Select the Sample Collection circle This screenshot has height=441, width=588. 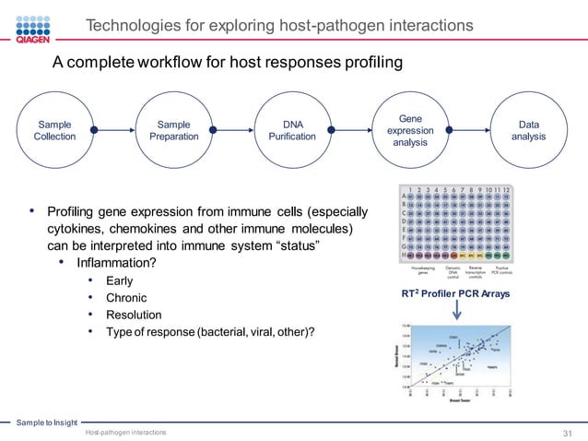pos(56,130)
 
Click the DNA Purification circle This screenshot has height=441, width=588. pos(291,130)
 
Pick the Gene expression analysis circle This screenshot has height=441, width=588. pos(410,130)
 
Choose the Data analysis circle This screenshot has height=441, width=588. pos(529,130)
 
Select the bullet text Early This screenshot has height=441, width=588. pos(119,280)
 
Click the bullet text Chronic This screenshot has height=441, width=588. pos(126,298)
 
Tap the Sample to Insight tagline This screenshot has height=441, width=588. pos(46,422)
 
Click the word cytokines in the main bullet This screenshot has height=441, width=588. pos(77,228)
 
